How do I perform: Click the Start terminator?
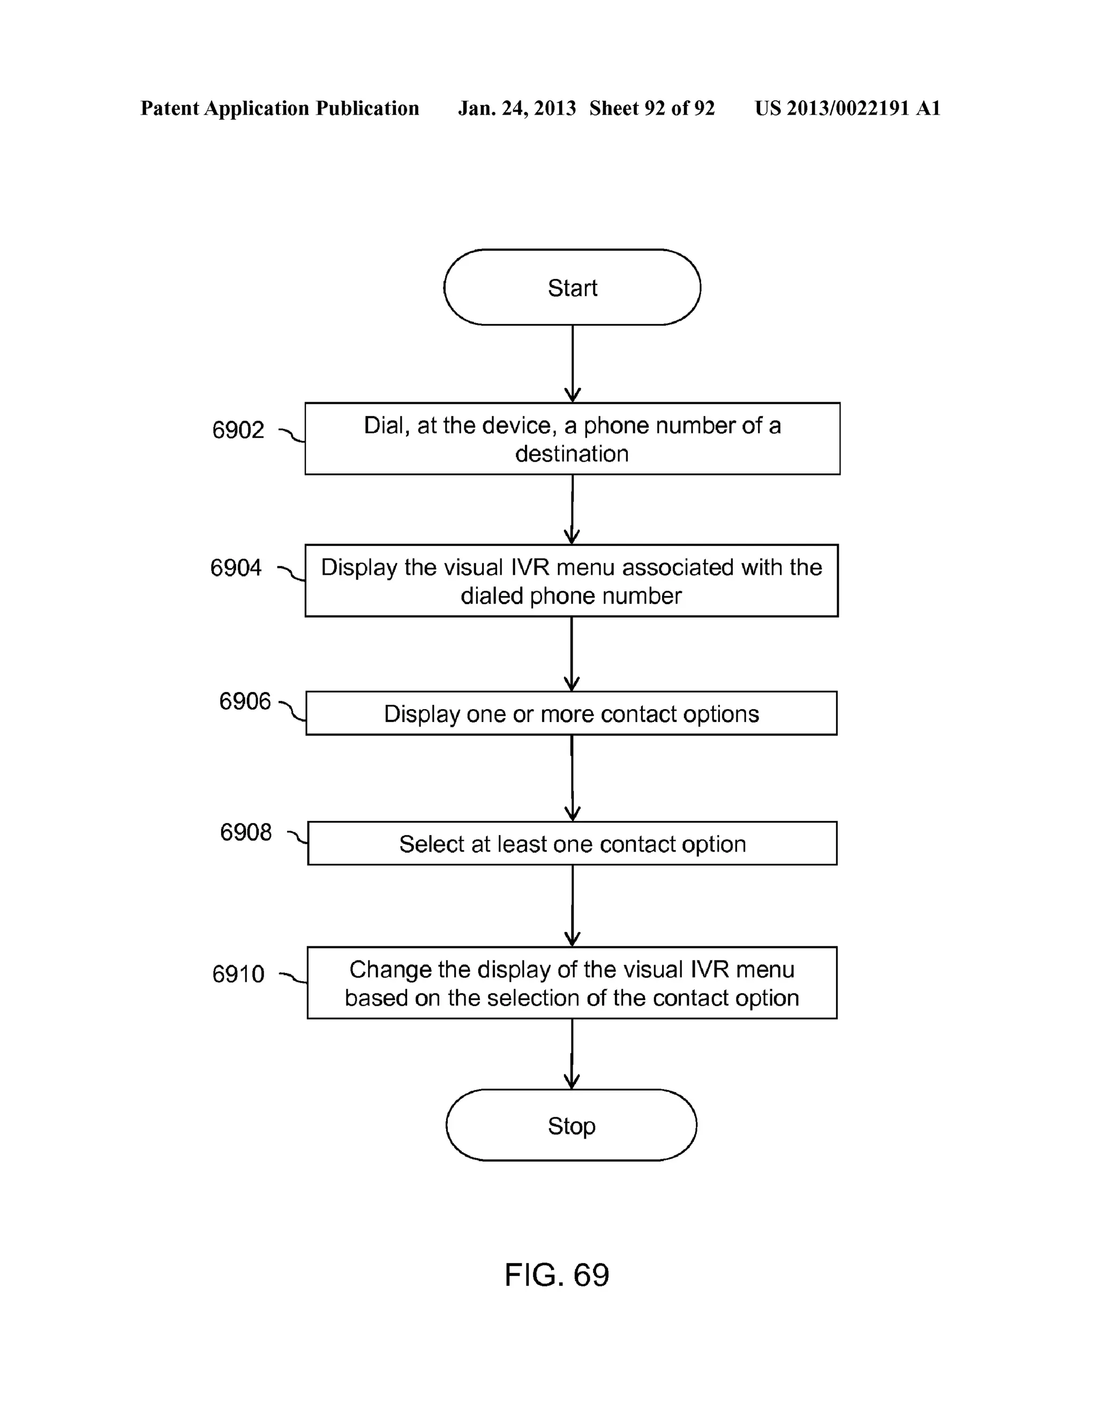click(572, 288)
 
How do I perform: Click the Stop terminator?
click(571, 1125)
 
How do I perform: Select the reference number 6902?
click(238, 430)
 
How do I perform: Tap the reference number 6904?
click(236, 568)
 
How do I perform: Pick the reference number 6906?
click(245, 701)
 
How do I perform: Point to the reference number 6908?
click(245, 832)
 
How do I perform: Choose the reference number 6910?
click(238, 974)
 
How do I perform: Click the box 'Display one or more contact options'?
click(571, 713)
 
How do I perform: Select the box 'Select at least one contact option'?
click(572, 844)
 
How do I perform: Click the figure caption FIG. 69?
click(557, 1275)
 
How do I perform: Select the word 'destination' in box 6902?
click(572, 454)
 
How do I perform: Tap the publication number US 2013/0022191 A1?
click(847, 108)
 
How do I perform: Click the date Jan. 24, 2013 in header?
click(517, 108)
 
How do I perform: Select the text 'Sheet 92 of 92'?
click(651, 108)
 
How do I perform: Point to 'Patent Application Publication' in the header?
click(280, 108)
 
